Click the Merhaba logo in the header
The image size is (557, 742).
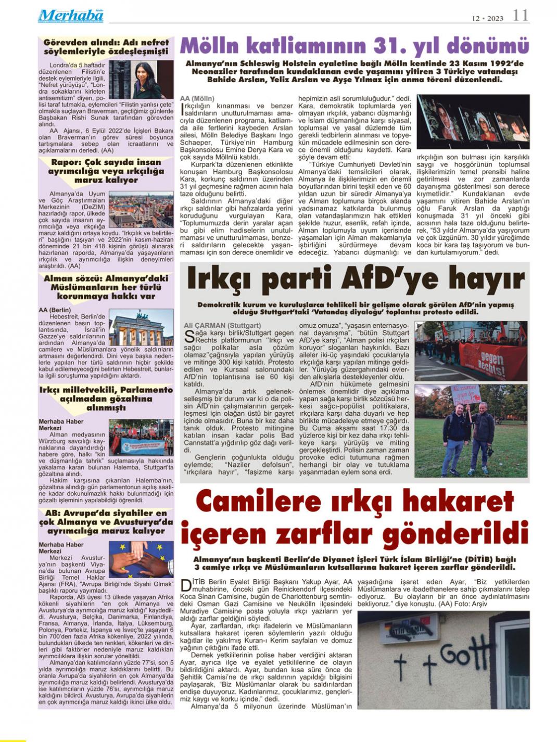71,16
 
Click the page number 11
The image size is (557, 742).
520,16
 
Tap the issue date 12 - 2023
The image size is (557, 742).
487,18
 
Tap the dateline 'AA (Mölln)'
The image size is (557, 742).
197,98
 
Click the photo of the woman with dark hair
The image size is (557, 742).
142,80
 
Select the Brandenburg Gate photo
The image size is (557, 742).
141,328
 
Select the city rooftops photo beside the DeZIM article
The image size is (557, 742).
141,209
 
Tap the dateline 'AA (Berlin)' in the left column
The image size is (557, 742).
55,310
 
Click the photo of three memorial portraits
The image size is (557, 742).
473,122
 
